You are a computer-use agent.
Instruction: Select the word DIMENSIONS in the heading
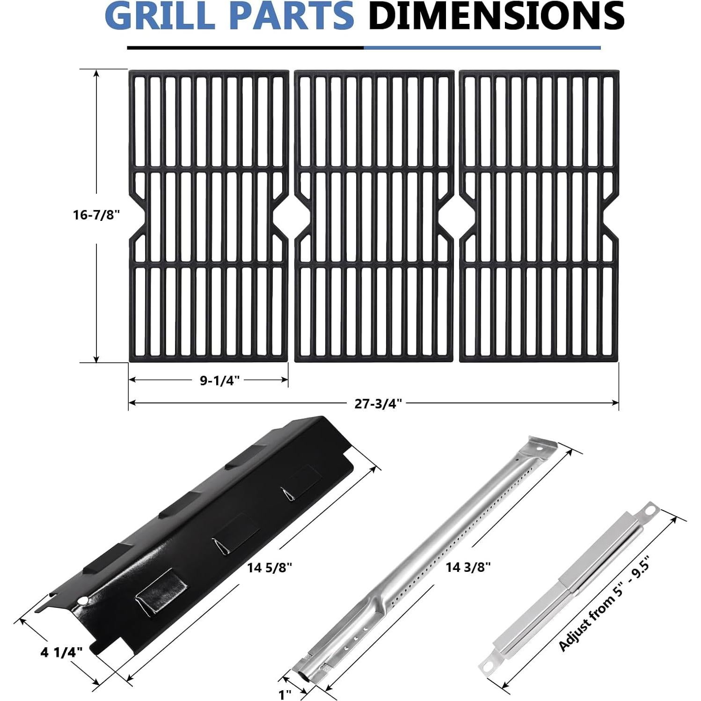(496, 15)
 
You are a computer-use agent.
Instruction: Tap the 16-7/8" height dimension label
(97, 215)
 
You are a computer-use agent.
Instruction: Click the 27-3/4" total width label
(378, 403)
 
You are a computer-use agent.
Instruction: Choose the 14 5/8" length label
(270, 568)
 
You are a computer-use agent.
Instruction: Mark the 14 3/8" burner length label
(468, 568)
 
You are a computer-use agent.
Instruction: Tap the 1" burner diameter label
(285, 694)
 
